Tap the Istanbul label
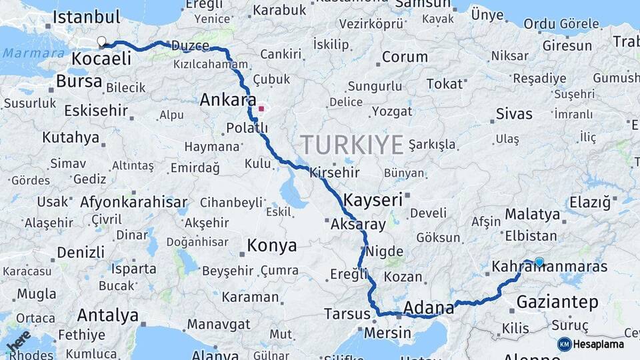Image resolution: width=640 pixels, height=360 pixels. (x=86, y=17)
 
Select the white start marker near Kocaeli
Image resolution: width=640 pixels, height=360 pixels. (x=101, y=41)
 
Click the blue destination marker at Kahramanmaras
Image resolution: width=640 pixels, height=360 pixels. (x=539, y=262)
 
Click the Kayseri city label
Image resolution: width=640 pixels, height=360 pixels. (x=373, y=199)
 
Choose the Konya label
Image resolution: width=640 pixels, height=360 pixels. (x=272, y=245)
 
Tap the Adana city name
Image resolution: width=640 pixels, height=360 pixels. (x=429, y=308)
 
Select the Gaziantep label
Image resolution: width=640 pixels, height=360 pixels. (x=557, y=302)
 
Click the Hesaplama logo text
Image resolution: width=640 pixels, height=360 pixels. (x=599, y=344)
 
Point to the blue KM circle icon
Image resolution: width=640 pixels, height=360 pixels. (x=564, y=344)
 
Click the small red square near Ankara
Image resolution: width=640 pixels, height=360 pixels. (x=261, y=108)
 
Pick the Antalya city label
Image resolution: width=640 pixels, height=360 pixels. (x=108, y=315)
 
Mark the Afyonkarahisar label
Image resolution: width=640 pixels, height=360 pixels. (x=133, y=202)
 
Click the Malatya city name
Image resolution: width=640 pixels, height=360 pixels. (x=532, y=215)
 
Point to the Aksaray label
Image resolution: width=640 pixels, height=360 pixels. (x=358, y=225)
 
